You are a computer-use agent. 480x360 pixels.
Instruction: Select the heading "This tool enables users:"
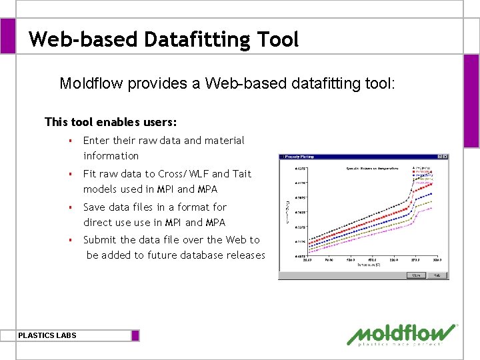(x=111, y=122)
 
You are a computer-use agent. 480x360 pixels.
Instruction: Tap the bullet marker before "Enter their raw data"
(x=69, y=141)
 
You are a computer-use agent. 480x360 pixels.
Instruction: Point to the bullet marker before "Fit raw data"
(x=69, y=174)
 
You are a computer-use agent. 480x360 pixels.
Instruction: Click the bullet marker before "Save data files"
(x=69, y=207)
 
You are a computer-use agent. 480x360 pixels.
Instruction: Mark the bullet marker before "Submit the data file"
(x=69, y=240)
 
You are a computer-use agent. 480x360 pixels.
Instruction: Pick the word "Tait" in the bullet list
(x=241, y=174)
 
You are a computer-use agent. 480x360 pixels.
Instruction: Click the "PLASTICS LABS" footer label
(x=47, y=335)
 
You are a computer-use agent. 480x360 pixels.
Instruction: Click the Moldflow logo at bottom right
(x=403, y=335)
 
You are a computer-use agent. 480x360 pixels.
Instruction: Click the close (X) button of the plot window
(x=445, y=157)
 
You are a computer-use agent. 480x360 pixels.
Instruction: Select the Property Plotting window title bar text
(x=301, y=157)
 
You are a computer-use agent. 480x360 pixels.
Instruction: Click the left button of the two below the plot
(x=416, y=275)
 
